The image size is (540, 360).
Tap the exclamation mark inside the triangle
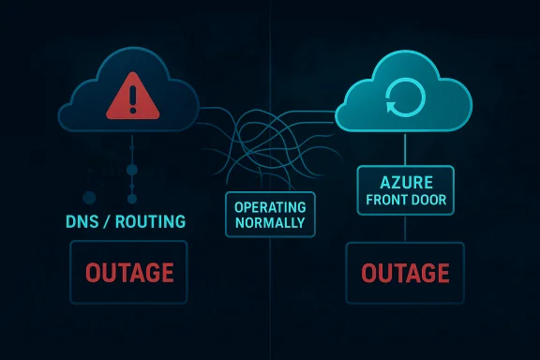coord(131,97)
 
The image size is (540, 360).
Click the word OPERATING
coord(270,207)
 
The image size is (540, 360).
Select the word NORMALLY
coord(270,224)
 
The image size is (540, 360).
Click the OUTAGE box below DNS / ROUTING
coord(129,273)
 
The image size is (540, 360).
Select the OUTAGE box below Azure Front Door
coord(405,273)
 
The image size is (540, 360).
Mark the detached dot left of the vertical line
coord(90,198)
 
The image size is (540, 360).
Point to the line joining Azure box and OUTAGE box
coord(405,230)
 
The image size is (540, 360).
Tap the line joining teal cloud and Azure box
coord(405,148)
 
